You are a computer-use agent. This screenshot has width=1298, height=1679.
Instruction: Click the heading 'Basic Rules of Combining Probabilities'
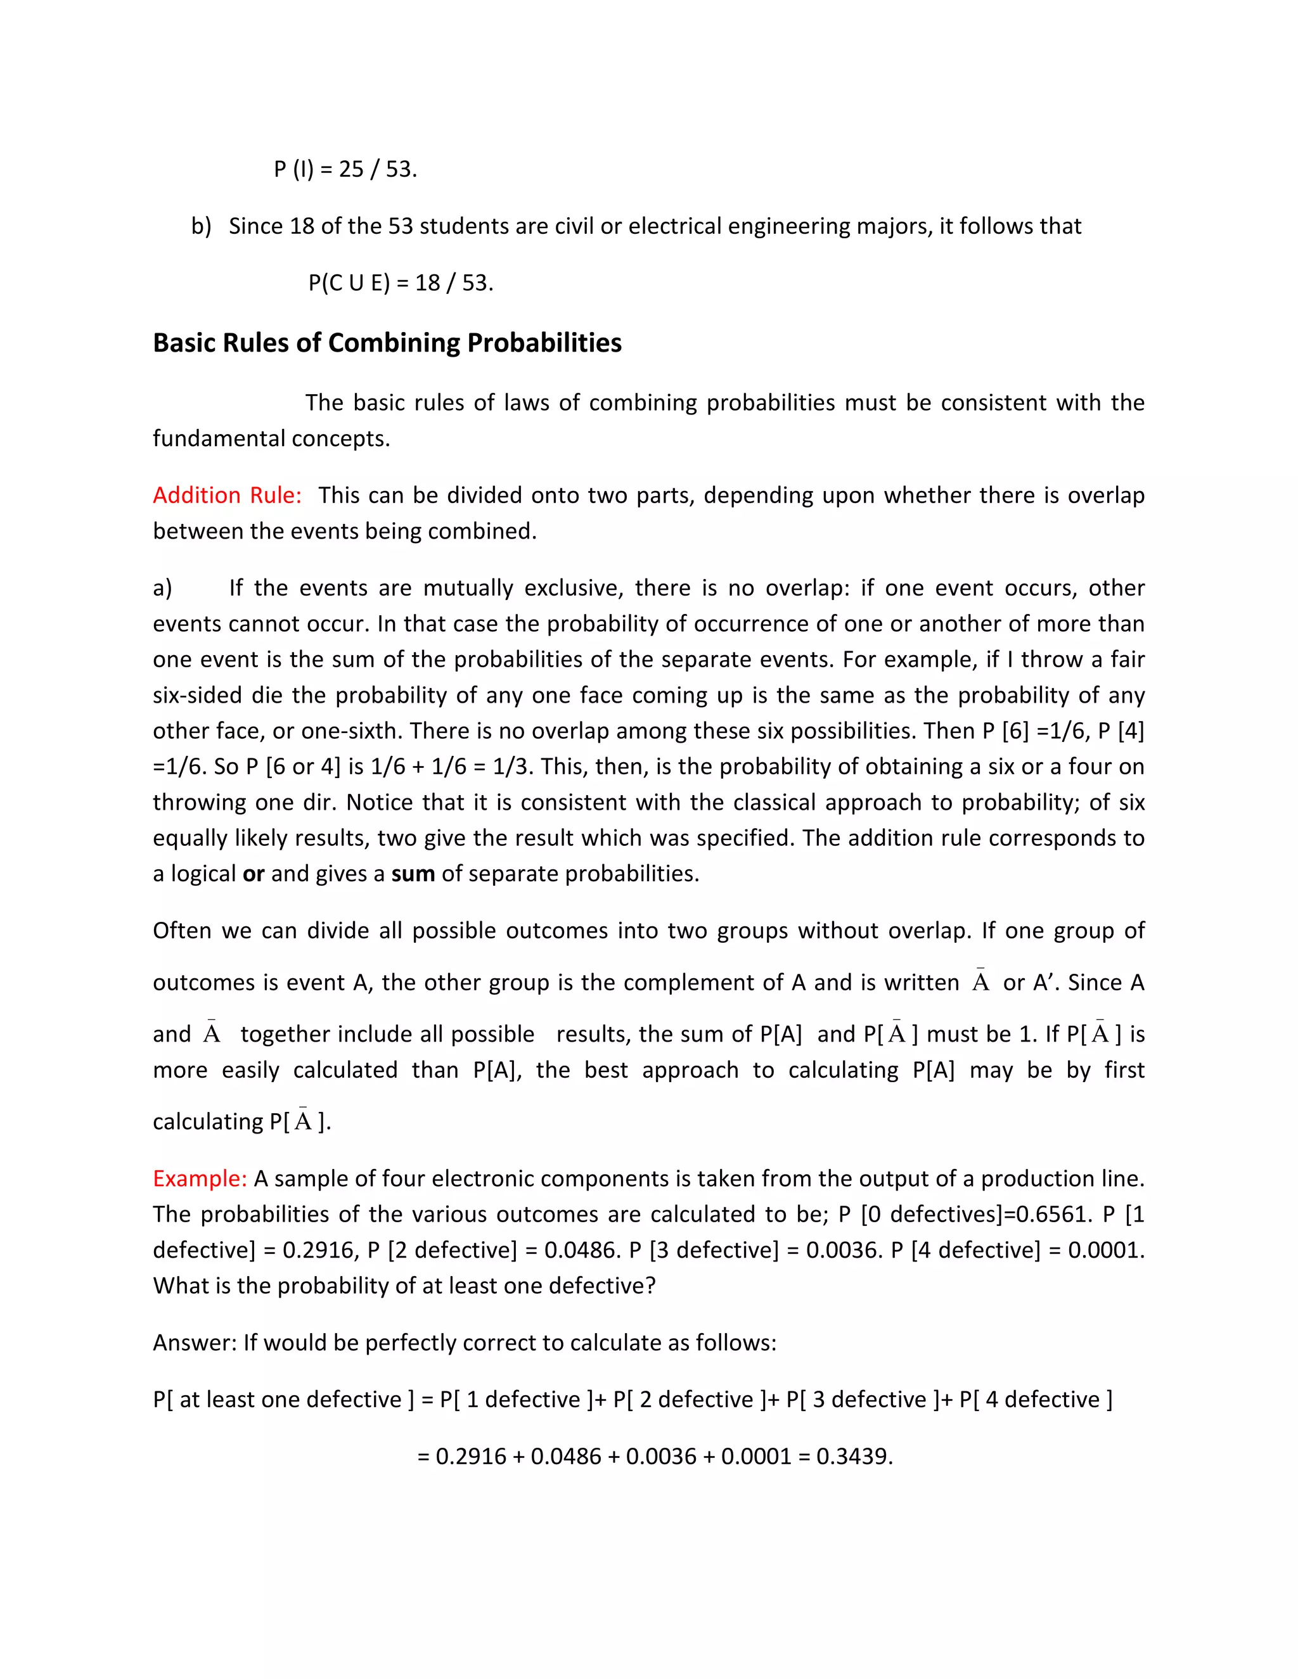pyautogui.click(x=387, y=343)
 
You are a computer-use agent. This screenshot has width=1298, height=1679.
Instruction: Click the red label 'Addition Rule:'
pyautogui.click(x=227, y=495)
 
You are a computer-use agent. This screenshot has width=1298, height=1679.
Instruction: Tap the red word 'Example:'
pyautogui.click(x=200, y=1178)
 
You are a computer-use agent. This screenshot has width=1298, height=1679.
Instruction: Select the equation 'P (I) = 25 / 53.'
pyautogui.click(x=345, y=169)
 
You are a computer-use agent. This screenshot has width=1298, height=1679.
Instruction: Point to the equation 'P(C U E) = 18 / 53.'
pyautogui.click(x=401, y=283)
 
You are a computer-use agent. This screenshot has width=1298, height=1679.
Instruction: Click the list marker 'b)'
pyautogui.click(x=201, y=226)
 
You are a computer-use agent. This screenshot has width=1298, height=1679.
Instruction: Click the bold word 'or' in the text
pyautogui.click(x=253, y=874)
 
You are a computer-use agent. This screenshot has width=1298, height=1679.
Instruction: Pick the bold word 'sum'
pyautogui.click(x=413, y=874)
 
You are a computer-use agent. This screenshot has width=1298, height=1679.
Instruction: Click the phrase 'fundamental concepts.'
pyautogui.click(x=271, y=439)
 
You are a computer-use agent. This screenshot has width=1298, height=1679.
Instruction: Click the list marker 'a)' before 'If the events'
pyautogui.click(x=162, y=588)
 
